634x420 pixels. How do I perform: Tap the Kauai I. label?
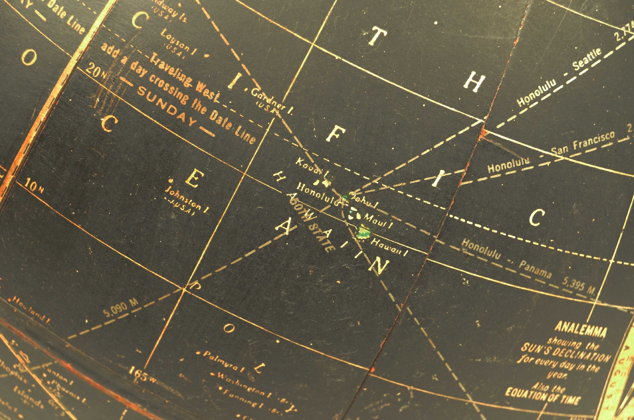click(x=311, y=166)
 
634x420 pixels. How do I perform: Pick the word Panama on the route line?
click(x=535, y=269)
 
